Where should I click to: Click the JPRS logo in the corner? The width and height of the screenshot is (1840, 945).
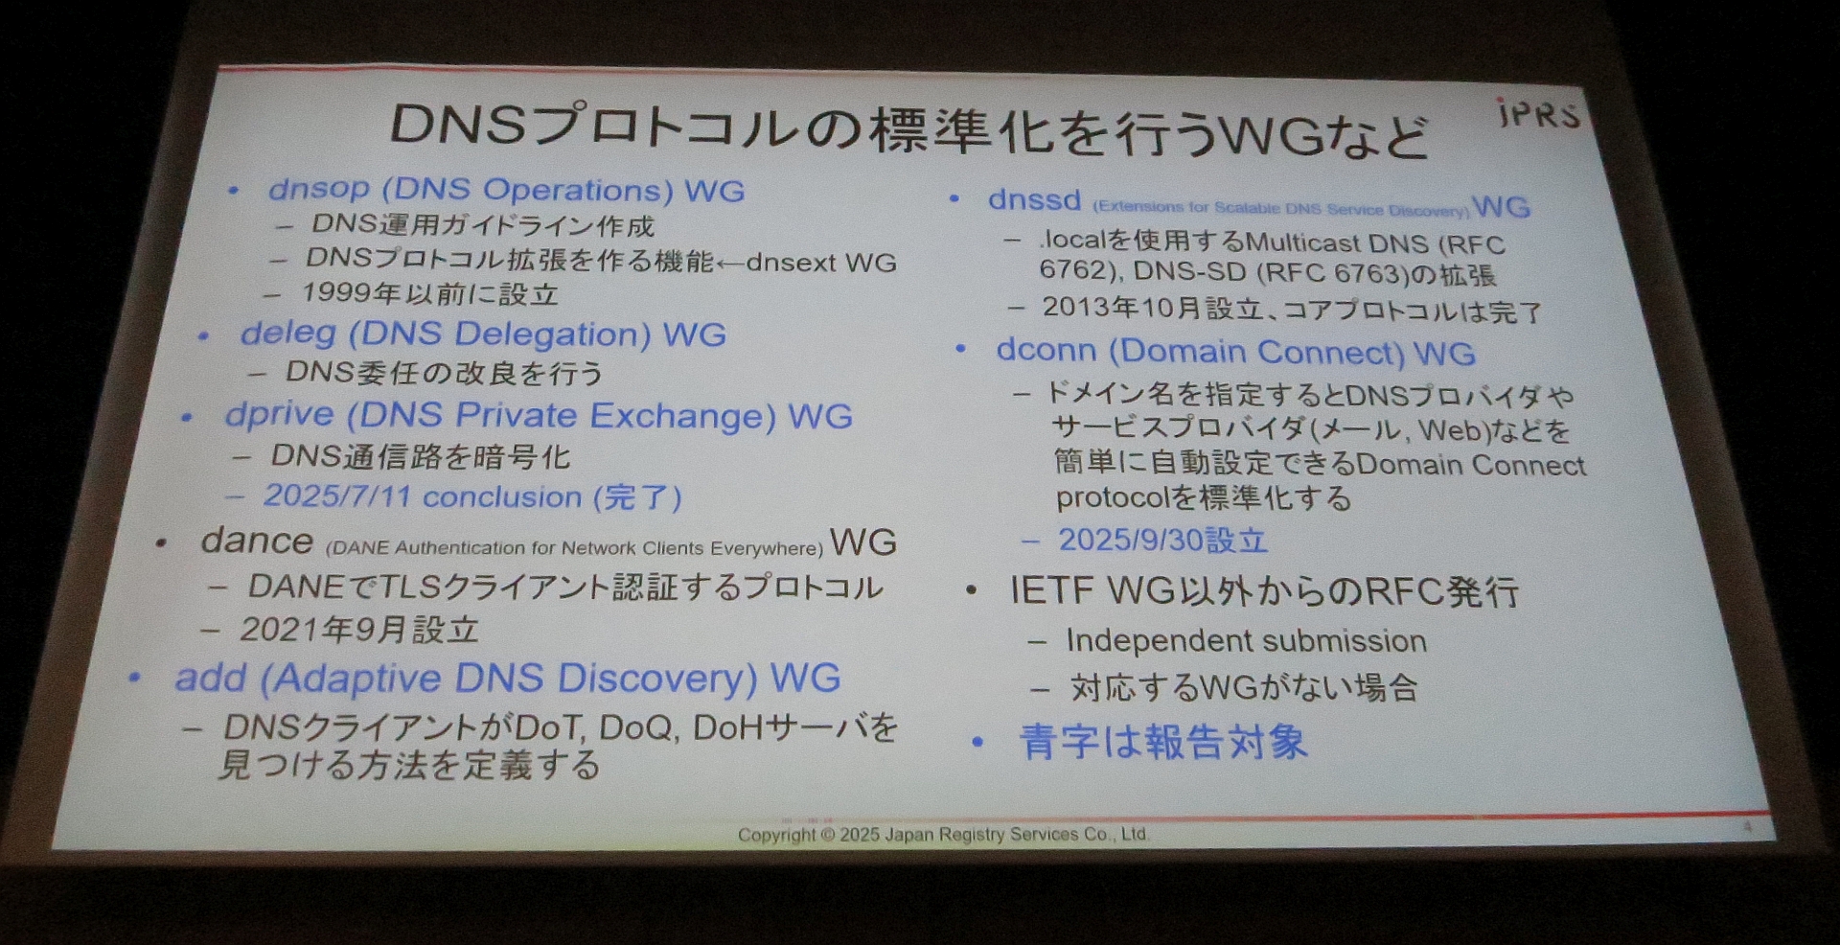tap(1538, 114)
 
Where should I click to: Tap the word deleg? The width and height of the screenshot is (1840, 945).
tap(287, 333)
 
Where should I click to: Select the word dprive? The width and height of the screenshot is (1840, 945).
tap(279, 415)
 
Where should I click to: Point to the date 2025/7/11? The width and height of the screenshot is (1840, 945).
tap(336, 496)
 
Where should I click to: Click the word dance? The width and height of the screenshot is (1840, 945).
tap(256, 541)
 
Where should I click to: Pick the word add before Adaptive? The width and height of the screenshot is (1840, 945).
tap(210, 678)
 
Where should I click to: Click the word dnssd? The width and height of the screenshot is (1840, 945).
tap(1034, 199)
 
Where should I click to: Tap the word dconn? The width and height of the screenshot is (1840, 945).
tap(1046, 350)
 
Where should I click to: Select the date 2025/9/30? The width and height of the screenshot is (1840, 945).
tap(1131, 540)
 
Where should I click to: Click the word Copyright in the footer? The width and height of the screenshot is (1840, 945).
tap(776, 835)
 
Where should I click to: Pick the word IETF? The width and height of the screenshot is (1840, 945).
tap(1051, 591)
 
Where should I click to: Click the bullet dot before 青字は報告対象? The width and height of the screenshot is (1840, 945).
tap(977, 743)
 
